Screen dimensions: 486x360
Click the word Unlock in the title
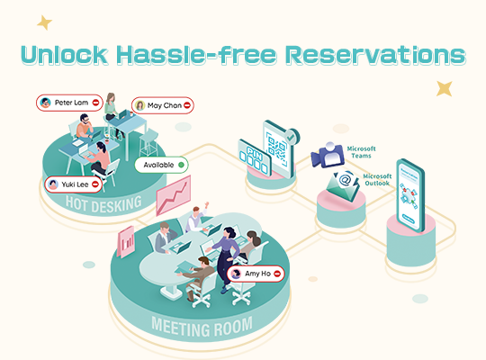[x=65, y=55]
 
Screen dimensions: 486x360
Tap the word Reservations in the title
[x=375, y=55]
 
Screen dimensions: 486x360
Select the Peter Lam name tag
[x=69, y=103]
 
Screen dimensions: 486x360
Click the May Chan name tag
[x=163, y=105]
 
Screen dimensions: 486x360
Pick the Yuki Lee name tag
[x=73, y=184]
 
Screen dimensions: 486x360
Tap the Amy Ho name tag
[x=256, y=274]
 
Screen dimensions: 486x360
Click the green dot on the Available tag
[x=181, y=165]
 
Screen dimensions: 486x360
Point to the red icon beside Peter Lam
[x=95, y=103]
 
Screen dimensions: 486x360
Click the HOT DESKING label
[x=103, y=204]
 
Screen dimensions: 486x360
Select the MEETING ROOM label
[x=202, y=327]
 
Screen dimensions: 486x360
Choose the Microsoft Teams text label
[x=362, y=152]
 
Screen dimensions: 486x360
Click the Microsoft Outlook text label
[x=377, y=179]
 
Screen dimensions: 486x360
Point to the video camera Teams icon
[x=328, y=155]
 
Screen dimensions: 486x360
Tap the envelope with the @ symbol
[x=343, y=186]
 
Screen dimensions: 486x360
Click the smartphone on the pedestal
[x=410, y=195]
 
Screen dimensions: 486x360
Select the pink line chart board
[x=174, y=195]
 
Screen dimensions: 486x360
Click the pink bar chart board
[x=126, y=242]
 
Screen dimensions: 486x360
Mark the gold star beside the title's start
[x=45, y=22]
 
